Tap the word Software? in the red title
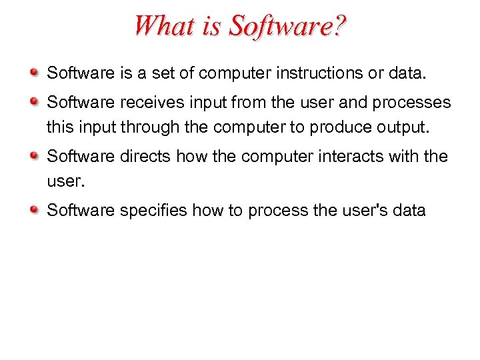288,26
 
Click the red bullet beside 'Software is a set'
35,70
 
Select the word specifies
153,211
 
